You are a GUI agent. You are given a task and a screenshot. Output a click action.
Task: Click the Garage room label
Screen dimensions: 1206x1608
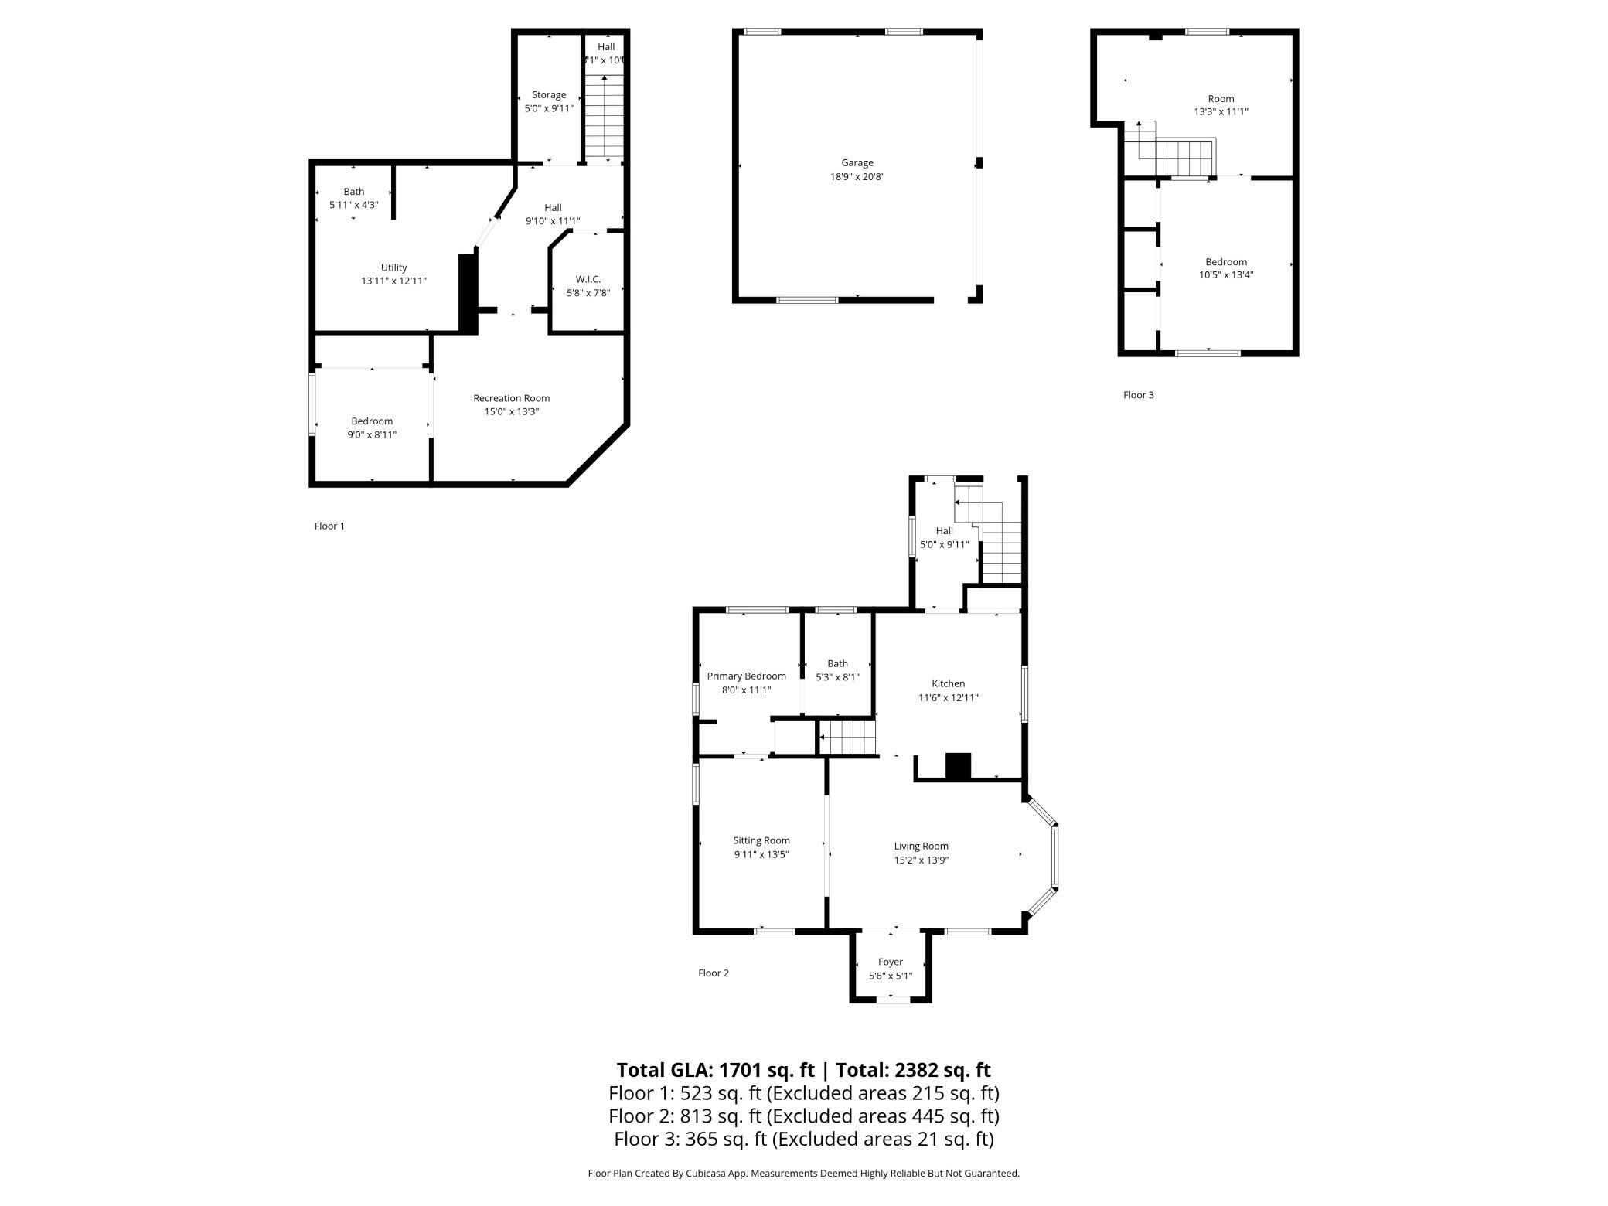click(857, 163)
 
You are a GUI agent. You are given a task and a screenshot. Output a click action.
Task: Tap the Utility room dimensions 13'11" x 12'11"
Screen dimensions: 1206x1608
click(393, 281)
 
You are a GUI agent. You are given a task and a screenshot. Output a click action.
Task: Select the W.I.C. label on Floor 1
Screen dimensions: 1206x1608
click(588, 279)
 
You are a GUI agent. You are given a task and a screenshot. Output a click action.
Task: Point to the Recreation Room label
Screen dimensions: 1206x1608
click(511, 398)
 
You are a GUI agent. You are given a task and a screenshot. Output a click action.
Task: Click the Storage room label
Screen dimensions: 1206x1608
click(548, 95)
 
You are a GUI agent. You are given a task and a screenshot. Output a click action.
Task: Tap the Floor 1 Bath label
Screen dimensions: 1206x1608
click(353, 192)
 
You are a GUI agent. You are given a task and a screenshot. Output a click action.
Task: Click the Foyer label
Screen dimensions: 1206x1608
click(890, 962)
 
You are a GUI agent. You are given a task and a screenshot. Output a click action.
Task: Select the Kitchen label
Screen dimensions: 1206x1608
click(948, 683)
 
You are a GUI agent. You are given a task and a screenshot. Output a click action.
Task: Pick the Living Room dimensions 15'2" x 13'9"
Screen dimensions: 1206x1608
click(921, 860)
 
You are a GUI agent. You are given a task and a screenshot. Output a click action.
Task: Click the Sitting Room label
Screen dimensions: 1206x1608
click(761, 840)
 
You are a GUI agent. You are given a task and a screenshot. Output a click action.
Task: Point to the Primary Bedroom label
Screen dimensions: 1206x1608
click(746, 676)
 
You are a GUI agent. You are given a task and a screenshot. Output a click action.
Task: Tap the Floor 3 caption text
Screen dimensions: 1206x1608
click(1138, 395)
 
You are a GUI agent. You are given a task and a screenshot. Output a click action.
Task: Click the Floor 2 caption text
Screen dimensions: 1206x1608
click(713, 973)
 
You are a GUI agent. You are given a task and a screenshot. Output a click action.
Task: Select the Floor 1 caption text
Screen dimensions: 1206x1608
click(329, 526)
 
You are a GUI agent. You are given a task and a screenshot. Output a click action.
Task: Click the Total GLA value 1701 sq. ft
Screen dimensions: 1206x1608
click(766, 1070)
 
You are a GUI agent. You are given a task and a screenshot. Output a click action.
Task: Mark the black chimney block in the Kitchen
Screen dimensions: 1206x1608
click(958, 766)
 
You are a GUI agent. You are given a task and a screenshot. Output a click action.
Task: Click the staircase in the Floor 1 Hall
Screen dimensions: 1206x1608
click(604, 116)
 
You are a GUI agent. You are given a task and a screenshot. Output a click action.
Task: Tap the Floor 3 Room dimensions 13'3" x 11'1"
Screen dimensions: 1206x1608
click(1221, 111)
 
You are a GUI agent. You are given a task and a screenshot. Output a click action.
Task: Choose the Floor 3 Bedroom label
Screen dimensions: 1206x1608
click(1225, 262)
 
